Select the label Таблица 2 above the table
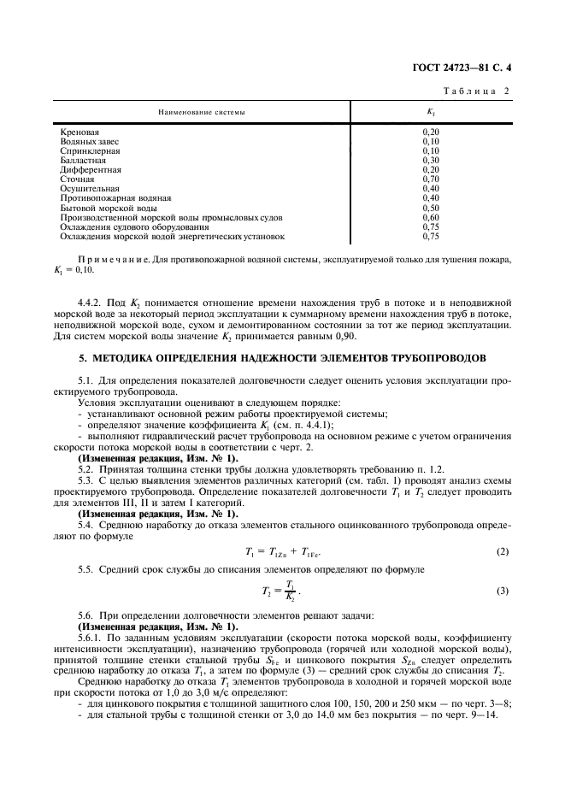475,91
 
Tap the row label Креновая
79,132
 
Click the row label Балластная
83,160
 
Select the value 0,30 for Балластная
431,160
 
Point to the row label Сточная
77,179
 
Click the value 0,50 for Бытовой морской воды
431,208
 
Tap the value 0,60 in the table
431,217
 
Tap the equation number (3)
503,591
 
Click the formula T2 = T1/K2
281,591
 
